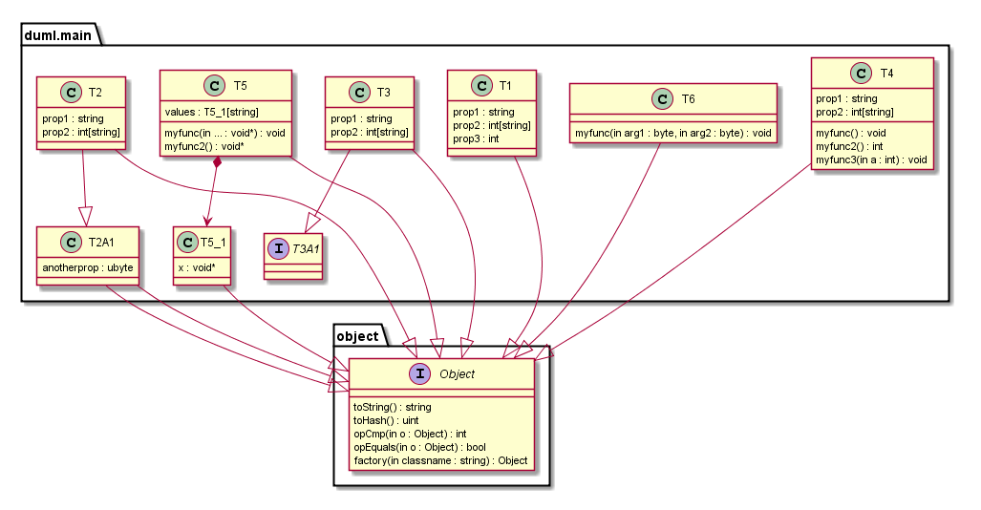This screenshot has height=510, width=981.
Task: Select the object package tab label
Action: (x=358, y=336)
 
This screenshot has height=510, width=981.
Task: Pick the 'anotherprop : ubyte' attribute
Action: (x=87, y=267)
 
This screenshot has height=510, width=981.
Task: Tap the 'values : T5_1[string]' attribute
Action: (x=205, y=112)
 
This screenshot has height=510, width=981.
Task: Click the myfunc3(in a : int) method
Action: (x=871, y=159)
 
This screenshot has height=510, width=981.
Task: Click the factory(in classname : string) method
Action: (x=440, y=460)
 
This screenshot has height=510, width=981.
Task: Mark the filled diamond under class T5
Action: (x=219, y=163)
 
